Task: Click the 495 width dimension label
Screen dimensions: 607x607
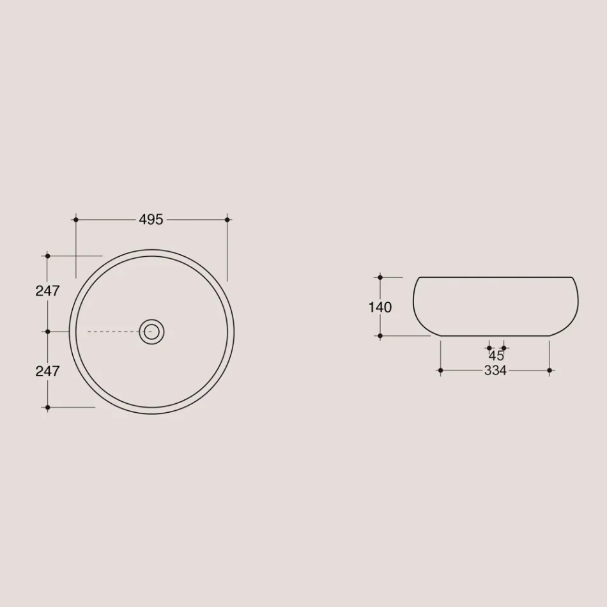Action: (x=151, y=220)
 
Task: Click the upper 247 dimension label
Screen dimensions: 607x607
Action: (x=47, y=291)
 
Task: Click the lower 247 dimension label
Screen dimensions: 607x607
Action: (x=47, y=371)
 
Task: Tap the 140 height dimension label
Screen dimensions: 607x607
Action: (x=380, y=307)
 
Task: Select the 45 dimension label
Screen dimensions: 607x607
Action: (x=496, y=357)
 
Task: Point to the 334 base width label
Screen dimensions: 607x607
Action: (x=495, y=371)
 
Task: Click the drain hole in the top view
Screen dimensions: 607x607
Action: (x=151, y=331)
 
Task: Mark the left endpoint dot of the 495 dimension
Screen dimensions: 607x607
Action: (x=76, y=220)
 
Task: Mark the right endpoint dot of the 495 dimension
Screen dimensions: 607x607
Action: (x=227, y=220)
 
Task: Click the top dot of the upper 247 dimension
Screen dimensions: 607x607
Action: (x=47, y=256)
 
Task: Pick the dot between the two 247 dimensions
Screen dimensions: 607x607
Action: (x=47, y=332)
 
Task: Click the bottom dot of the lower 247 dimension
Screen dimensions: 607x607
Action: (x=47, y=407)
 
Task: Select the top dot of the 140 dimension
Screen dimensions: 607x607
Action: (x=380, y=277)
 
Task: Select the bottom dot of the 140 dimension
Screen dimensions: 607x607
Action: (x=380, y=335)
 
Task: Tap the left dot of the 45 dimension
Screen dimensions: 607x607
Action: (x=489, y=348)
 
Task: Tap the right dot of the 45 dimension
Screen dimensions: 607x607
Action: (x=504, y=348)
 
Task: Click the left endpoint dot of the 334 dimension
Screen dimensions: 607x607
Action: (x=440, y=371)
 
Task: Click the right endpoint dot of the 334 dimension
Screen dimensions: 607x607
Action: (x=549, y=371)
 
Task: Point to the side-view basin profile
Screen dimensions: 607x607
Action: (x=495, y=305)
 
